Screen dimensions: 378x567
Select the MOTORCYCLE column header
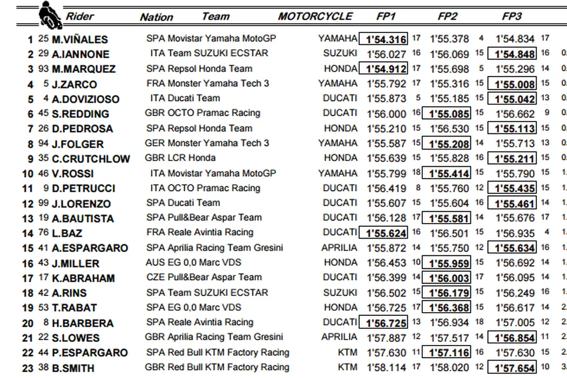(x=315, y=16)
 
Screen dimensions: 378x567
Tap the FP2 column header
(x=447, y=16)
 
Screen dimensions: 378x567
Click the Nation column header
(x=156, y=17)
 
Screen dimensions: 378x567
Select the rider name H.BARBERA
(x=82, y=323)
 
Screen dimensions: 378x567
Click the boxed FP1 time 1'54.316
(x=386, y=39)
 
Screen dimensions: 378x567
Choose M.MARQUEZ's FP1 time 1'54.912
(x=386, y=69)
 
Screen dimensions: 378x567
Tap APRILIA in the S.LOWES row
(x=339, y=337)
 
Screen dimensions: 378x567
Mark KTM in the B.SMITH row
(x=347, y=367)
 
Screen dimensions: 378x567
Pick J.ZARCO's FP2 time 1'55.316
(x=449, y=84)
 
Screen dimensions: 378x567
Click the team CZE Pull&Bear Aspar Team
(x=204, y=277)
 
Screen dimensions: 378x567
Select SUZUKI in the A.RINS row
(x=340, y=292)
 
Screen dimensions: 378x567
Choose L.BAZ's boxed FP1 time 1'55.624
(x=386, y=233)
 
